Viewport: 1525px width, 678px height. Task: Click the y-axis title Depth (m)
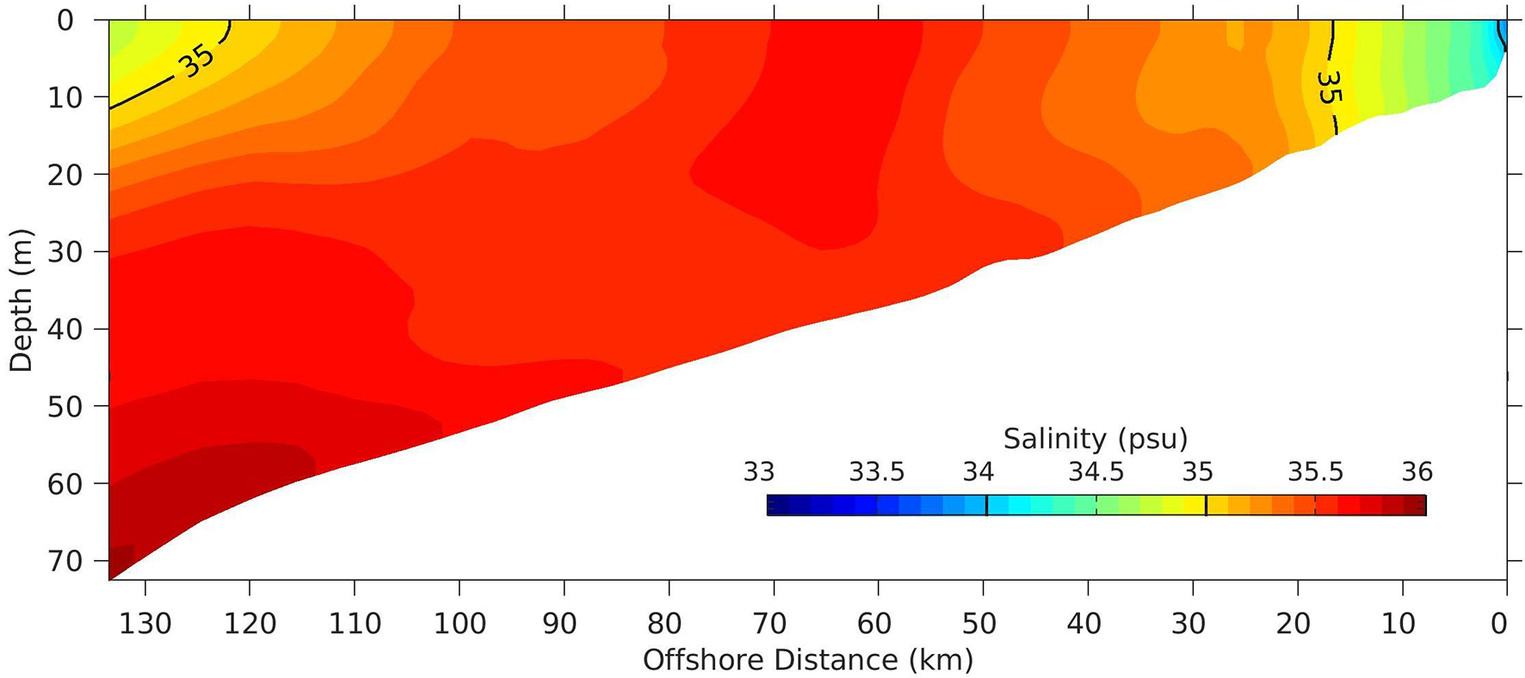tap(21, 300)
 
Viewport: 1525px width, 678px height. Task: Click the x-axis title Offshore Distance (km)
tap(808, 660)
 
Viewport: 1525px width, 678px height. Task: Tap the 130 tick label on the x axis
tap(145, 622)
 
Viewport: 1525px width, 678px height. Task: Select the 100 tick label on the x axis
tap(460, 622)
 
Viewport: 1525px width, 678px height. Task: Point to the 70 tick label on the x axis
tap(774, 622)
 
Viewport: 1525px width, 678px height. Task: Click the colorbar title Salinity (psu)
tap(1096, 439)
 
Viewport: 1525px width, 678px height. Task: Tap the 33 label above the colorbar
tap(759, 472)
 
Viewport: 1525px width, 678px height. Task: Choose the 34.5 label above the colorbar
tap(1096, 472)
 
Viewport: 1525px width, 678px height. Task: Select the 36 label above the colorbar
tap(1417, 472)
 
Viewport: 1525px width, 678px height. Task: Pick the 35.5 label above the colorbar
tap(1315, 472)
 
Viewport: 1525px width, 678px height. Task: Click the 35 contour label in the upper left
tap(198, 60)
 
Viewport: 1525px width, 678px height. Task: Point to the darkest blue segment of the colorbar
tap(778, 505)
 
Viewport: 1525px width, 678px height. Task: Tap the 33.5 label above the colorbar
tap(876, 472)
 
